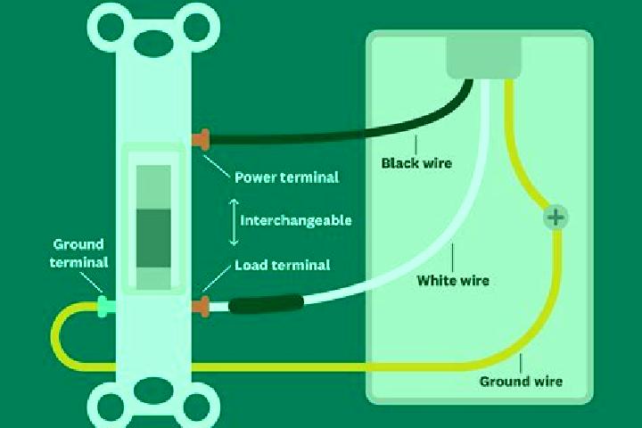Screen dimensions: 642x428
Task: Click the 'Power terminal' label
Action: click(x=286, y=177)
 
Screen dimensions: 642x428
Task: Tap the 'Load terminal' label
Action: click(x=282, y=265)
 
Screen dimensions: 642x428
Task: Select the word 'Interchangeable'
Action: click(x=296, y=220)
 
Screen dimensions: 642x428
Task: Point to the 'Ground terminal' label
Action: click(x=78, y=253)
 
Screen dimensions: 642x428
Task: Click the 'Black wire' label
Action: click(x=416, y=163)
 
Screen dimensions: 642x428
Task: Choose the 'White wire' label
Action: click(x=453, y=281)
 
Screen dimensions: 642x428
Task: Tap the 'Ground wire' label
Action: click(x=521, y=382)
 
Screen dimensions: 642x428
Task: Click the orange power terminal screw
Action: click(x=201, y=140)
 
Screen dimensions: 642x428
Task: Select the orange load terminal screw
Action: click(x=201, y=307)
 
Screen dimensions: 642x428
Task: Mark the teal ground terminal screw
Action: click(x=105, y=307)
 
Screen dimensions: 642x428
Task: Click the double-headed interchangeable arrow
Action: click(x=234, y=222)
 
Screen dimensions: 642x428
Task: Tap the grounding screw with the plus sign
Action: click(x=556, y=217)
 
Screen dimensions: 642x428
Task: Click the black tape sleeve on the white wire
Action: click(x=266, y=305)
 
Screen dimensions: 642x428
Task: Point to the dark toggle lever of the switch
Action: click(x=153, y=238)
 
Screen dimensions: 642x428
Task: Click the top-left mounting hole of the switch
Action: click(x=111, y=27)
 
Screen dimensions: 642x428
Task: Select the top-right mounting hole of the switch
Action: click(x=197, y=27)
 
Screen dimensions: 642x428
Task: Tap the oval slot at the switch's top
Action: click(x=153, y=41)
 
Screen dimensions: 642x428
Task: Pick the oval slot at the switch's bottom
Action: click(x=153, y=390)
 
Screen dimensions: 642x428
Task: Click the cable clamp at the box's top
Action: click(x=483, y=57)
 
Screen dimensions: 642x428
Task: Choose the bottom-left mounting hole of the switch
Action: click(x=111, y=406)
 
